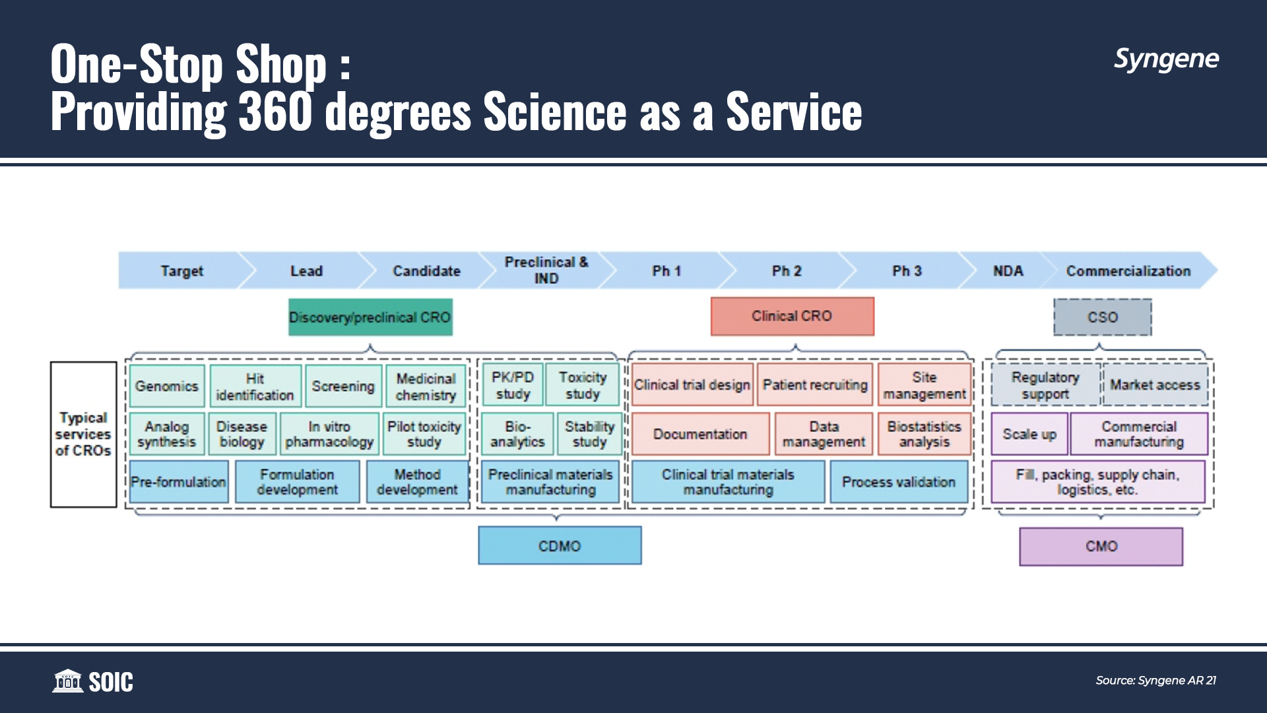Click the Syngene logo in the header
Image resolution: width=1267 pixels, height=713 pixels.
(1166, 59)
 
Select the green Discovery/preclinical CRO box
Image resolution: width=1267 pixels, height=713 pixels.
(370, 318)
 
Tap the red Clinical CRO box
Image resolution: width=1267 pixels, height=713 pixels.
(792, 316)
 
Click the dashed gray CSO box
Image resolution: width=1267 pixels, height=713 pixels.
(1102, 318)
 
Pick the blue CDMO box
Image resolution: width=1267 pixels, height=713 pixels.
(560, 545)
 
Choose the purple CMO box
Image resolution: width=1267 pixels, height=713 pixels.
(1101, 546)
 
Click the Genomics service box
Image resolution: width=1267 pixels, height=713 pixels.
(167, 386)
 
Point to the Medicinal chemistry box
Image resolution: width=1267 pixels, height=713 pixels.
(426, 386)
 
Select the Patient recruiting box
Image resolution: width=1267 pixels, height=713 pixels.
(815, 385)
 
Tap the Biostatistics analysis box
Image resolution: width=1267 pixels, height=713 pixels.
(924, 434)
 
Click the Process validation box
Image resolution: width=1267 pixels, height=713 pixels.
(898, 482)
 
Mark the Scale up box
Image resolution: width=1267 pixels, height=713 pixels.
(1029, 434)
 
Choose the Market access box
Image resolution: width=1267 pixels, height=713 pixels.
(1155, 385)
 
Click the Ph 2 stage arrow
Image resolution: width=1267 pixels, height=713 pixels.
(787, 271)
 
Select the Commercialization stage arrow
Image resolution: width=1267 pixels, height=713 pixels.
(1128, 271)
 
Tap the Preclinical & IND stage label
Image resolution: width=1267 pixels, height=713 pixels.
(546, 270)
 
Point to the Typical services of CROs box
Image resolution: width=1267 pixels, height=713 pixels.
(83, 434)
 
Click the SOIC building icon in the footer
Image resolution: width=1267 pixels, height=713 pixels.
(67, 681)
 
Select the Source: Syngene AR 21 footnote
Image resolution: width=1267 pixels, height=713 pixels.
(1155, 680)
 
